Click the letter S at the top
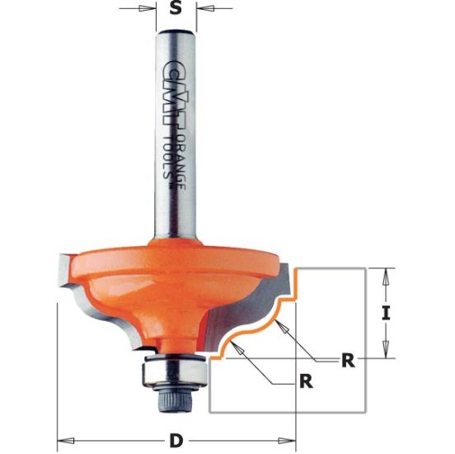coord(175,12)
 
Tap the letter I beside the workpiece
coord(387,313)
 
